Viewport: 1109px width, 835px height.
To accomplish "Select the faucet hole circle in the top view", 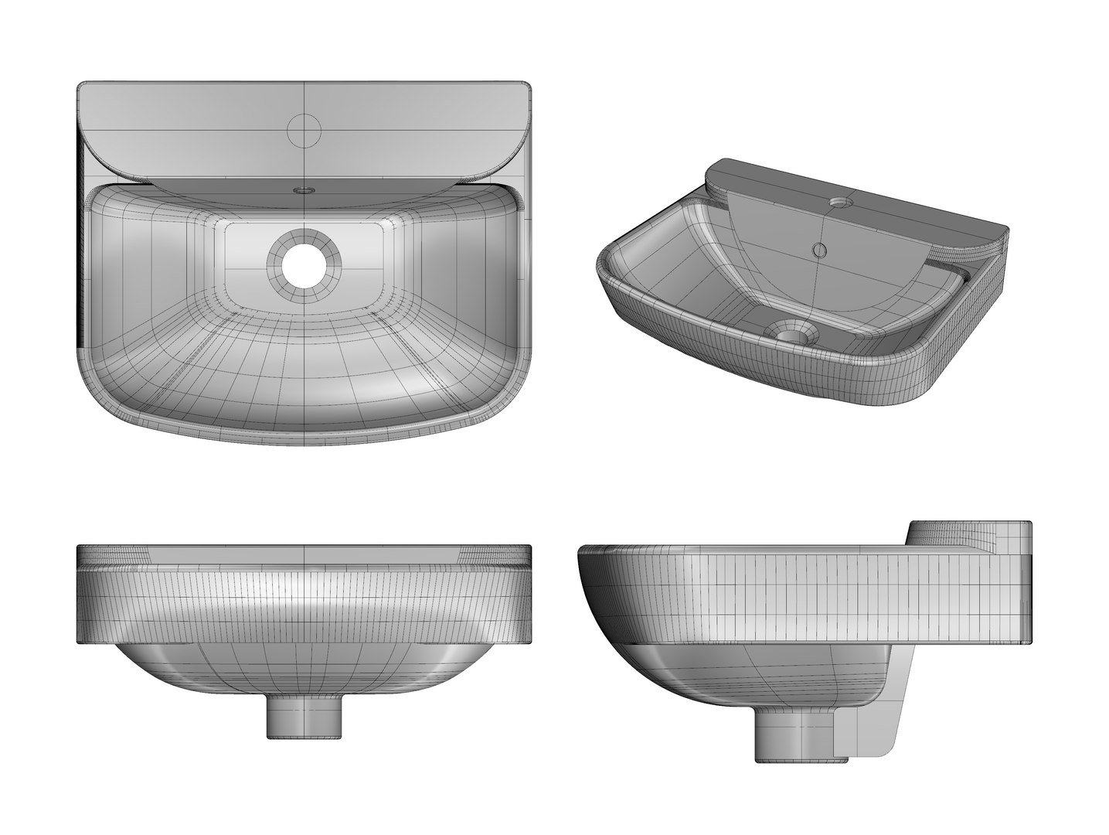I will [x=304, y=129].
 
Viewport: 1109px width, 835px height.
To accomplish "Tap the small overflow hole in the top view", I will [x=304, y=188].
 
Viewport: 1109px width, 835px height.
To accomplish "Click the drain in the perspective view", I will [x=790, y=333].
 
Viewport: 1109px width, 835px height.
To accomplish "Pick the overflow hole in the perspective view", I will [x=819, y=249].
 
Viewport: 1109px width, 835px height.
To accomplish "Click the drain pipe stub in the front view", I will [x=304, y=716].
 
